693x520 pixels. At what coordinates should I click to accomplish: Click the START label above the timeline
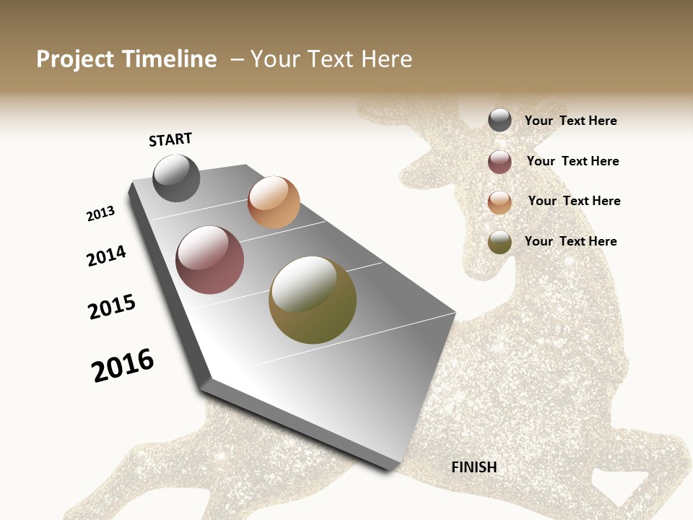170,139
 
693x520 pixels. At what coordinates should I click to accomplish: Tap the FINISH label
474,467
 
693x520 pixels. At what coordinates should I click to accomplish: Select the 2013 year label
101,214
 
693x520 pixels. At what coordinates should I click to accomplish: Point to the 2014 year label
106,256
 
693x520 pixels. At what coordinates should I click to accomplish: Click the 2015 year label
112,307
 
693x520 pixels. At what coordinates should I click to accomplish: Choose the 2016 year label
123,365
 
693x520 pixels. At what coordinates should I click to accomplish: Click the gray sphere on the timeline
176,178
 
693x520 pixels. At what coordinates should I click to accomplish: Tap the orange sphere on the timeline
274,202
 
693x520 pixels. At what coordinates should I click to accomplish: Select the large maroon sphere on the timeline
210,260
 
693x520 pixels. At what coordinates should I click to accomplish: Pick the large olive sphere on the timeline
313,300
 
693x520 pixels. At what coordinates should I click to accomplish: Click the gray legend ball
500,121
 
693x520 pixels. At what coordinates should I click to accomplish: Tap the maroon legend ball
500,162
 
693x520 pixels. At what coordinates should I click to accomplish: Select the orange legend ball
500,202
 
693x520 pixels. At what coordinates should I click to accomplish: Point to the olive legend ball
500,242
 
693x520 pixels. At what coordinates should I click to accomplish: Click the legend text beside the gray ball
570,121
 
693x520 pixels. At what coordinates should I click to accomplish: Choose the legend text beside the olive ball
570,241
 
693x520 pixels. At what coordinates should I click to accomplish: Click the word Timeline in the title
170,59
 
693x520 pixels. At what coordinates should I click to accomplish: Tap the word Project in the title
75,59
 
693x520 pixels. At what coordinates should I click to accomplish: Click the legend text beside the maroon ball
572,161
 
